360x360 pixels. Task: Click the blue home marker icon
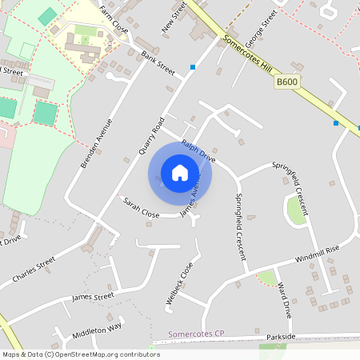[180, 172]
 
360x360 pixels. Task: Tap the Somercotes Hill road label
[248, 54]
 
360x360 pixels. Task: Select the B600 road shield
[286, 82]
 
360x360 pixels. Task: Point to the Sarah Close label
[141, 207]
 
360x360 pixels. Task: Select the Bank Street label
[158, 63]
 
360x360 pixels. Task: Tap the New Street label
[174, 17]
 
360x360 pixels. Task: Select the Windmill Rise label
[317, 255]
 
